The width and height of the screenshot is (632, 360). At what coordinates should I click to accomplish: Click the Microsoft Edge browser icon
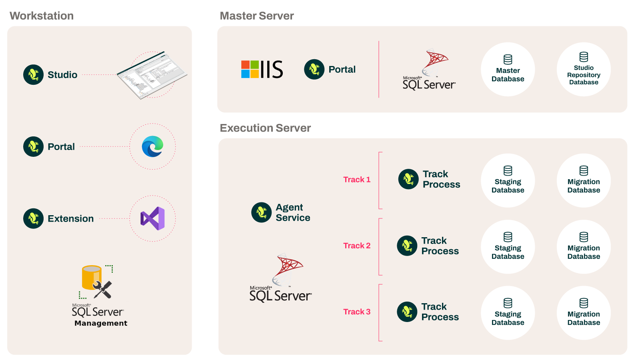152,146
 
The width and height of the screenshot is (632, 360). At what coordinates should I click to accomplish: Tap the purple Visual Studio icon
152,218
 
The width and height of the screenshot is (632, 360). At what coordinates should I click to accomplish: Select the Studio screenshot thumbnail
152,75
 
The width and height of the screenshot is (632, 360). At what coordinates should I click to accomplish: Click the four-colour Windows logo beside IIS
250,69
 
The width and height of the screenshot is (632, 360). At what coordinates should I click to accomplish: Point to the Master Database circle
508,70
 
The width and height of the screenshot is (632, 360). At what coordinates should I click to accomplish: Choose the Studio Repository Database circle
584,70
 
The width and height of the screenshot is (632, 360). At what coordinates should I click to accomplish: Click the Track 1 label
356,180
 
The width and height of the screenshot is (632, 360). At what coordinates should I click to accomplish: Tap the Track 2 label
356,246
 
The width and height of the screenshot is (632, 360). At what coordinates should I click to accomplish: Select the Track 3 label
356,312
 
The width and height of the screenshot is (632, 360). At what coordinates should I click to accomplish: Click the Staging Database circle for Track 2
508,247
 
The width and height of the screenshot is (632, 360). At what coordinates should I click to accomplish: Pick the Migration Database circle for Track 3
584,313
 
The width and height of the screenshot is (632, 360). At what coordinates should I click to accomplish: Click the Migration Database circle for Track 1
584,180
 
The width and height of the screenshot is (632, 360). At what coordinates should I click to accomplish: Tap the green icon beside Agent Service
261,212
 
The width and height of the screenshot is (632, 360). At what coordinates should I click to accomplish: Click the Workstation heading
42,16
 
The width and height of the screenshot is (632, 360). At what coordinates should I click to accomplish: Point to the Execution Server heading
265,128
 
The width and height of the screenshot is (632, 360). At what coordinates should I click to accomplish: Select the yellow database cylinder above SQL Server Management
92,277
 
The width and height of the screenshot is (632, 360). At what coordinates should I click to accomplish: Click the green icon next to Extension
33,218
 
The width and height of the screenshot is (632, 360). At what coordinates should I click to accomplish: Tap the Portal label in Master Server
342,70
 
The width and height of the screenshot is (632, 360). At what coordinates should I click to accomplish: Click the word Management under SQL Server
101,323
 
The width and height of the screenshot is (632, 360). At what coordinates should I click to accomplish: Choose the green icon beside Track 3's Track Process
407,312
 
